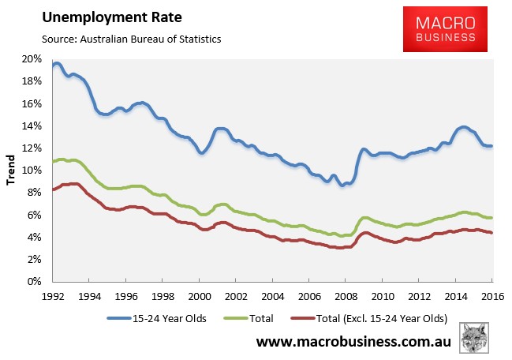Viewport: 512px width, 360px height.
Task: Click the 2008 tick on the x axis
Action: click(x=346, y=295)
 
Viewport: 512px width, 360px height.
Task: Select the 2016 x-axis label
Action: click(x=492, y=295)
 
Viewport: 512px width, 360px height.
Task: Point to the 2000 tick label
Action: click(x=199, y=295)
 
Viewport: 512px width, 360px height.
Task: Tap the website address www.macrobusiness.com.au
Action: click(x=359, y=343)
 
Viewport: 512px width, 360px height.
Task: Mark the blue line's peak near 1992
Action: click(x=57, y=63)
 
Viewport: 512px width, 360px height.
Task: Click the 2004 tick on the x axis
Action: click(x=272, y=295)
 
